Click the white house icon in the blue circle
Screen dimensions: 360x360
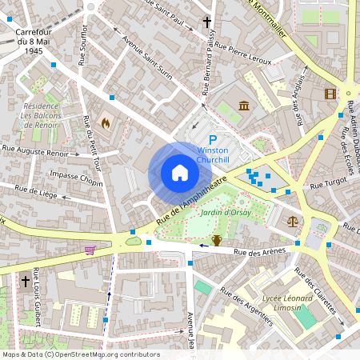(x=180, y=173)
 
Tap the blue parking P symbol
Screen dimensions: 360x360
(x=214, y=139)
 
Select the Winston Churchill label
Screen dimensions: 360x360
(x=214, y=155)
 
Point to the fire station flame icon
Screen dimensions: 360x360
(x=105, y=123)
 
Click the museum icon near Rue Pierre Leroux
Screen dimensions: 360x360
(x=243, y=106)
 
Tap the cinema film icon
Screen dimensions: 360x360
(x=330, y=94)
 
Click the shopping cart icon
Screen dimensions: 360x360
(x=90, y=250)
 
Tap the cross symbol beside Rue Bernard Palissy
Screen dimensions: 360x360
(x=207, y=22)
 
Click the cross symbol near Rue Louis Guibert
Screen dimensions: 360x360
(x=26, y=282)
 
